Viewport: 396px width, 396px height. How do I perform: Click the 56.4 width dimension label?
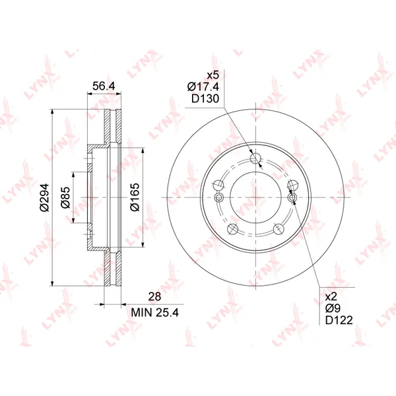[x=104, y=86]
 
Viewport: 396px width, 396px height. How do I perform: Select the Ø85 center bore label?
[x=65, y=197]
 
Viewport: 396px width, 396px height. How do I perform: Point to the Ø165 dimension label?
[x=135, y=197]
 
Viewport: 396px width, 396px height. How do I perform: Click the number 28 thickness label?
[x=154, y=296]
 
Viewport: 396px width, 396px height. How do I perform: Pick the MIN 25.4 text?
[x=155, y=313]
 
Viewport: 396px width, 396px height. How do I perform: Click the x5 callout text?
[x=213, y=75]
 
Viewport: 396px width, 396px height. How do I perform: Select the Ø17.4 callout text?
[x=203, y=87]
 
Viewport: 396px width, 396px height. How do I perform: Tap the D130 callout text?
[x=205, y=99]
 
